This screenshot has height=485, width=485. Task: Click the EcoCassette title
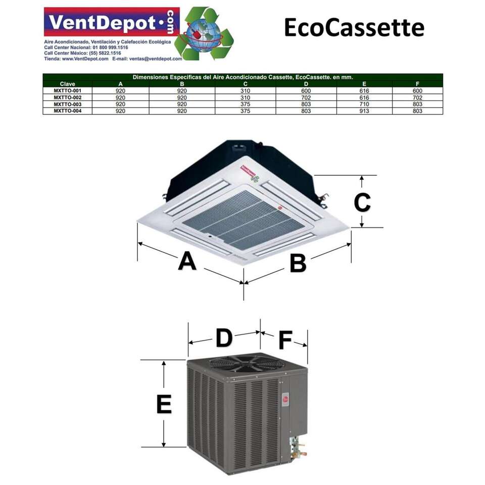354,27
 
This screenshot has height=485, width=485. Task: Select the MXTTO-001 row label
67,90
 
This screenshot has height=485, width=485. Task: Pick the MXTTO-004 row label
67,111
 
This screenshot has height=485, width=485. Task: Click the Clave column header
67,84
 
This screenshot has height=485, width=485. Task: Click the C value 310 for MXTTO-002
245,97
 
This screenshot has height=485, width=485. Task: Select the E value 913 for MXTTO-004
364,111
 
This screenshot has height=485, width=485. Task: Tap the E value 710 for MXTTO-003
364,104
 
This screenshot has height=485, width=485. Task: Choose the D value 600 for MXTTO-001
306,90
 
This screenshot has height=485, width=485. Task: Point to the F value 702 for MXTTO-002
417,97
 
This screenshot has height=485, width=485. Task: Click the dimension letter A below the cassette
187,262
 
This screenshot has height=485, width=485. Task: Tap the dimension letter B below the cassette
298,263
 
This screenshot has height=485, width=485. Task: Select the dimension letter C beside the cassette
362,203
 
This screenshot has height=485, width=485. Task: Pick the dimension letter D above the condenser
223,338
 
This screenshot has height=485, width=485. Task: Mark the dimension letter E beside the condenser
164,404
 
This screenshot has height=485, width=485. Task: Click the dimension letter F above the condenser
285,341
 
